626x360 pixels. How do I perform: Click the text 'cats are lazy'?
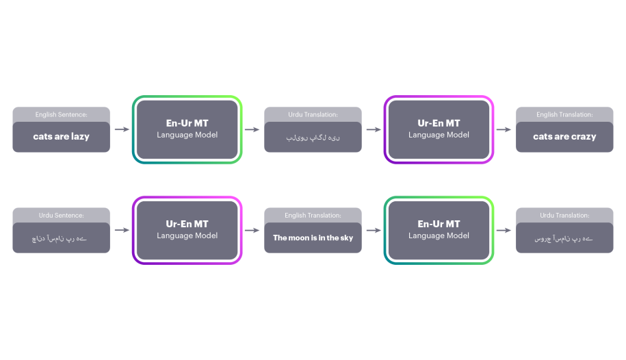(61, 136)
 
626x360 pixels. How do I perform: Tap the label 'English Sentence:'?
(61, 114)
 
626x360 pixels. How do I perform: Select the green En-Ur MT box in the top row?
(187, 129)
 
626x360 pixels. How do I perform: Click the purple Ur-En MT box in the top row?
(439, 129)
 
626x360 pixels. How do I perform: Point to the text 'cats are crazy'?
(564, 136)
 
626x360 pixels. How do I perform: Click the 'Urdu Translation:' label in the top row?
(313, 114)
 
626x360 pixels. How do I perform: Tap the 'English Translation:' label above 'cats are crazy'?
(564, 114)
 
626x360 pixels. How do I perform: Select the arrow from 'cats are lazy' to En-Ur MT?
(121, 129)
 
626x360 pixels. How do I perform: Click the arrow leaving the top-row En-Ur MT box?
(252, 129)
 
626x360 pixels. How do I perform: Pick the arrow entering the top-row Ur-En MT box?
(373, 129)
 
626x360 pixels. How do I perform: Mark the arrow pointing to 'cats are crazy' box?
(504, 129)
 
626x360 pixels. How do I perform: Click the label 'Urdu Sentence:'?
(61, 216)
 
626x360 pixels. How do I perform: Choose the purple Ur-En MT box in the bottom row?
(187, 230)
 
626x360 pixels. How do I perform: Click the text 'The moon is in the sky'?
(313, 238)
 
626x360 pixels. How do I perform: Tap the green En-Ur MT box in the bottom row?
(439, 230)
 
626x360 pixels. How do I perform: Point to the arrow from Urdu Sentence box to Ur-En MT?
(121, 231)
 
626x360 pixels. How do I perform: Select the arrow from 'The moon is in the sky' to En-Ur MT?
(373, 231)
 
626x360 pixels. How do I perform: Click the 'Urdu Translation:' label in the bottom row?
(564, 216)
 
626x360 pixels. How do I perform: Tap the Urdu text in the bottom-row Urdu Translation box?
(564, 238)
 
